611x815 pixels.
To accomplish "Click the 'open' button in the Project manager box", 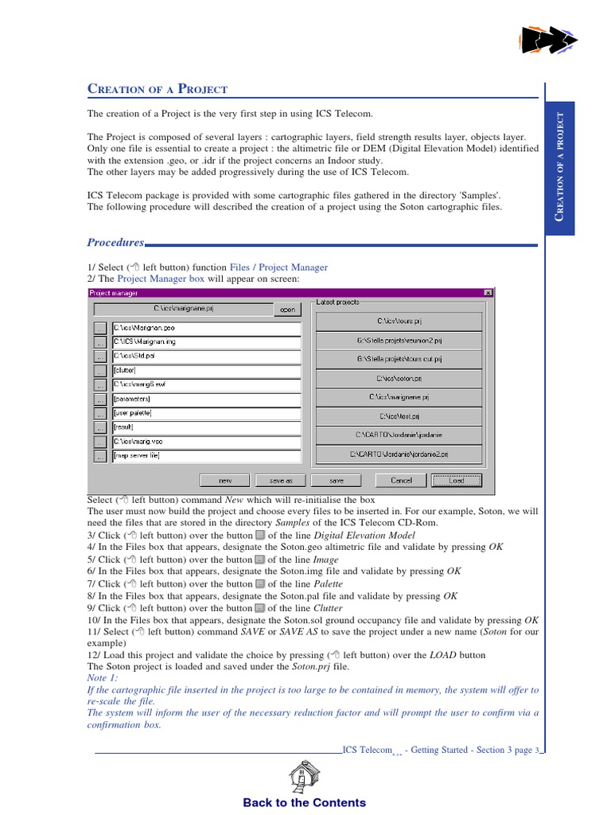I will [287, 310].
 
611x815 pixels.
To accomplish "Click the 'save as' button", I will [281, 480].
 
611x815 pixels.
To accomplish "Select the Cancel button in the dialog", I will [402, 480].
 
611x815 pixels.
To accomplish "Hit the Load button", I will [457, 480].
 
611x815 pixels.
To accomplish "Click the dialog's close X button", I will [488, 293].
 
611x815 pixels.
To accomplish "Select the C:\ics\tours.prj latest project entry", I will [399, 321].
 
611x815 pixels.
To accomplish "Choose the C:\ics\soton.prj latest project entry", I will [399, 378].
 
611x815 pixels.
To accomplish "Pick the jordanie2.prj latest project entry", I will [399, 454].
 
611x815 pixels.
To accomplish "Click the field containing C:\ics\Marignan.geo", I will [206, 328].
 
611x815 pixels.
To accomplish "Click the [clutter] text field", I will [206, 370].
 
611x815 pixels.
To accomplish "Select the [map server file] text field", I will [206, 456].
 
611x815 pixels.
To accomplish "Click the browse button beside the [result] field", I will [99, 427].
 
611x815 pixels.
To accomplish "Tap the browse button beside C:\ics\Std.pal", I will [99, 357].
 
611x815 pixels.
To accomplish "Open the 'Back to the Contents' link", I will [305, 802].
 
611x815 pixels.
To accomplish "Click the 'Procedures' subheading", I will [115, 242].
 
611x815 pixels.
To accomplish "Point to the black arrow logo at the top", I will [547, 40].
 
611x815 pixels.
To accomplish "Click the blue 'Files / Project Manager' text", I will [278, 267].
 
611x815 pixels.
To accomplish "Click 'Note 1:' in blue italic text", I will [103, 677].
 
